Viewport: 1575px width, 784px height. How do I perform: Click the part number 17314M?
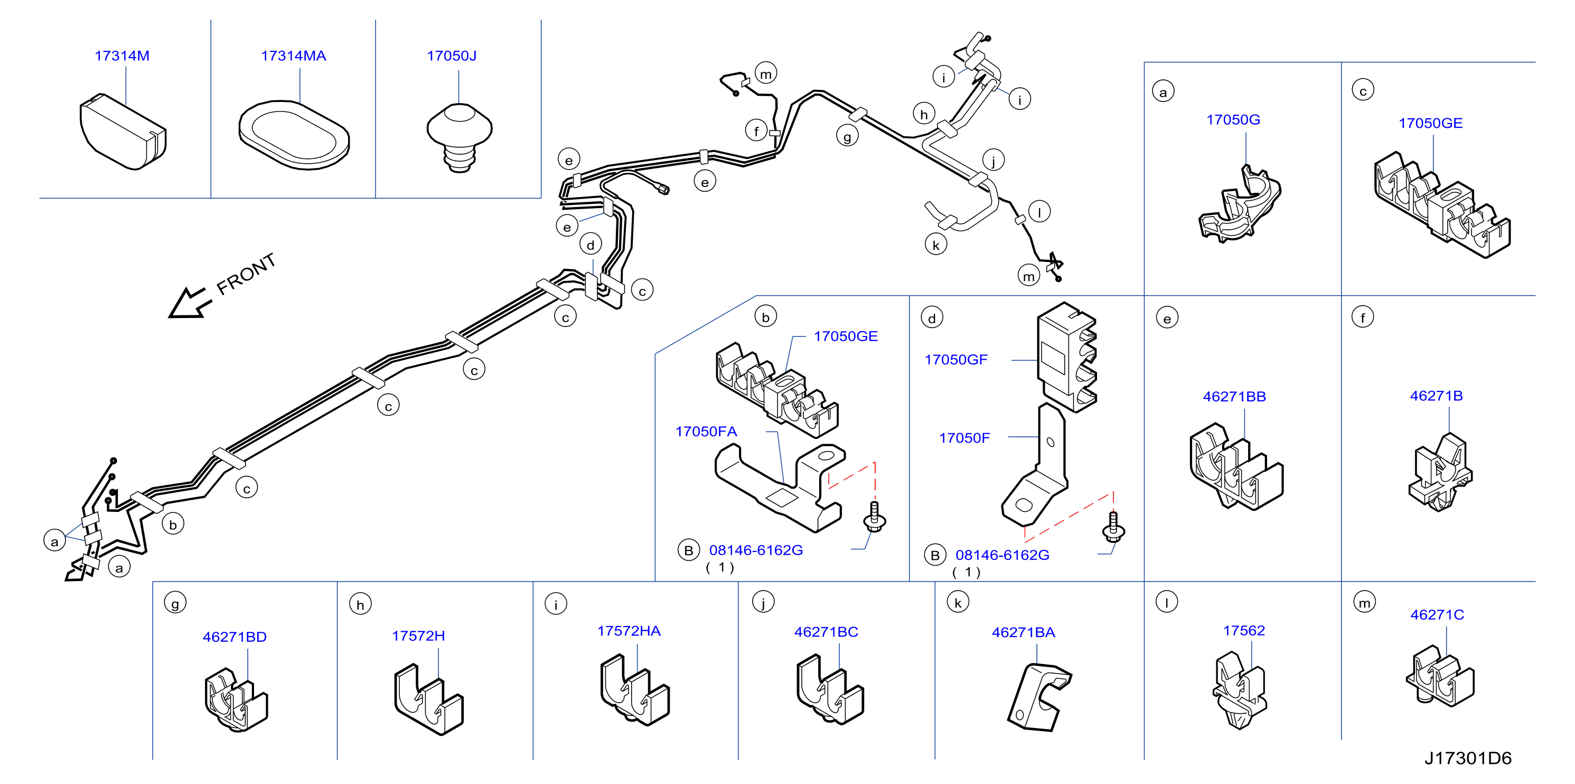(x=123, y=55)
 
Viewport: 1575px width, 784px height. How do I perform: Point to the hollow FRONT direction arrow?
(x=190, y=303)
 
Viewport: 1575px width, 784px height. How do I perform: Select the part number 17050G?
(x=1233, y=120)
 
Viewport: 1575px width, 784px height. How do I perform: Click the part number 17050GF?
(x=955, y=360)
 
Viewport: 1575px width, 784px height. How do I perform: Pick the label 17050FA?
(x=706, y=432)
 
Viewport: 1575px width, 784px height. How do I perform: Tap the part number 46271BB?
(x=1234, y=396)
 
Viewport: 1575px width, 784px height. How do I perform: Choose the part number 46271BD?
(x=235, y=637)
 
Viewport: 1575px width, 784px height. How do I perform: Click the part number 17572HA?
(x=629, y=630)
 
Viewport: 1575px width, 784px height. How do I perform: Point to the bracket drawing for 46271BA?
(x=1039, y=698)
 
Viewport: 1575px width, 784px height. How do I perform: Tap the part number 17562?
(x=1244, y=630)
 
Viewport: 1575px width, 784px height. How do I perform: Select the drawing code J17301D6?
(x=1467, y=758)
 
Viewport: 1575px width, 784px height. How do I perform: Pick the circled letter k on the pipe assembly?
(x=935, y=245)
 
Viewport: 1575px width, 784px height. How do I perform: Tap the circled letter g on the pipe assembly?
(x=847, y=136)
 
